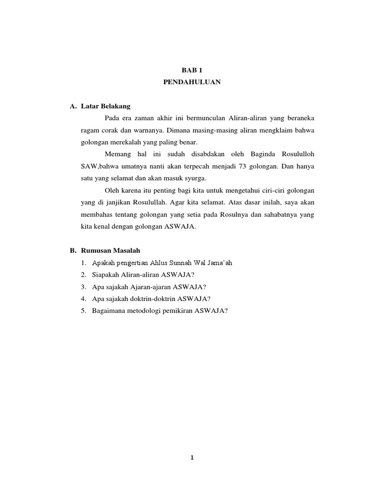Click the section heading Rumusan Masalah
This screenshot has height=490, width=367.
coord(110,250)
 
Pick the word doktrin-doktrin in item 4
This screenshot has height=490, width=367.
coord(155,298)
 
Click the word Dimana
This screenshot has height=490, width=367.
coord(176,130)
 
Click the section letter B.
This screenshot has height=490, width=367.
coord(73,250)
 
